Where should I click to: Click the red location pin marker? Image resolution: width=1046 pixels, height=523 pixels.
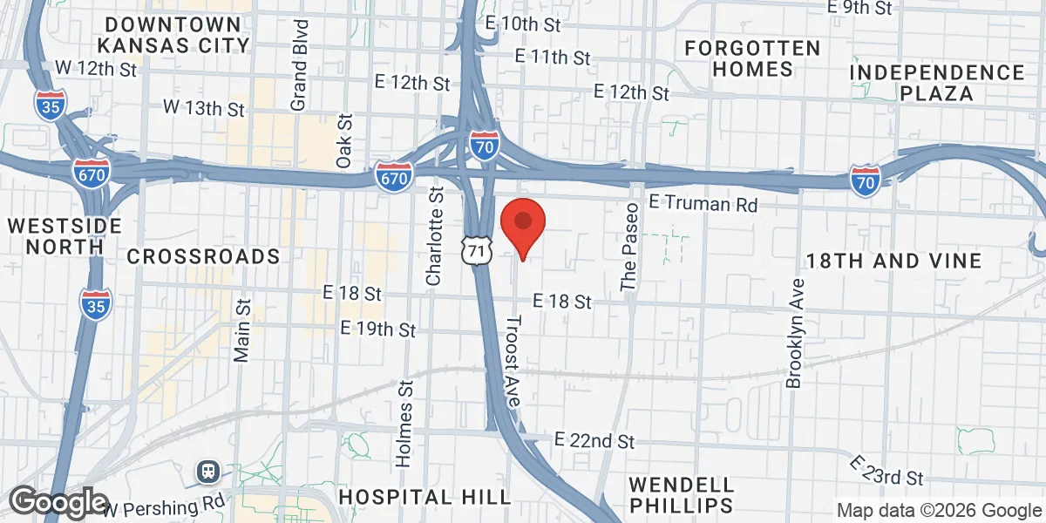click(x=522, y=223)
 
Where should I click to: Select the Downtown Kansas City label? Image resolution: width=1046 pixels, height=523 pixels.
click(x=173, y=33)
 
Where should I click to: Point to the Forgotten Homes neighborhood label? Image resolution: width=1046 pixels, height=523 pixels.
click(x=752, y=58)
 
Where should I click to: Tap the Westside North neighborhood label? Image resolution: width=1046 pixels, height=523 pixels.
click(x=65, y=235)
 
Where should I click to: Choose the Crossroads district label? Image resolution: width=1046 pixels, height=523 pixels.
click(x=203, y=256)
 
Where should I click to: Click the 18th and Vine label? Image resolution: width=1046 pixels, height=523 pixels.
click(x=893, y=261)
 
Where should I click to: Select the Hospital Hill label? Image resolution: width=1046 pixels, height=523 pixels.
click(x=425, y=497)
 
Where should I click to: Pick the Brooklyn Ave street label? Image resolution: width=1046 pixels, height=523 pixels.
click(x=795, y=333)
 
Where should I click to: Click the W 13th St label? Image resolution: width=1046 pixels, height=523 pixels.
click(x=205, y=109)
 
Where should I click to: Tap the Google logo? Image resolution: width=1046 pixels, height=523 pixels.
click(x=58, y=502)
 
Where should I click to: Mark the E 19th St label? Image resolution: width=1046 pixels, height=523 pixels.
click(x=378, y=329)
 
